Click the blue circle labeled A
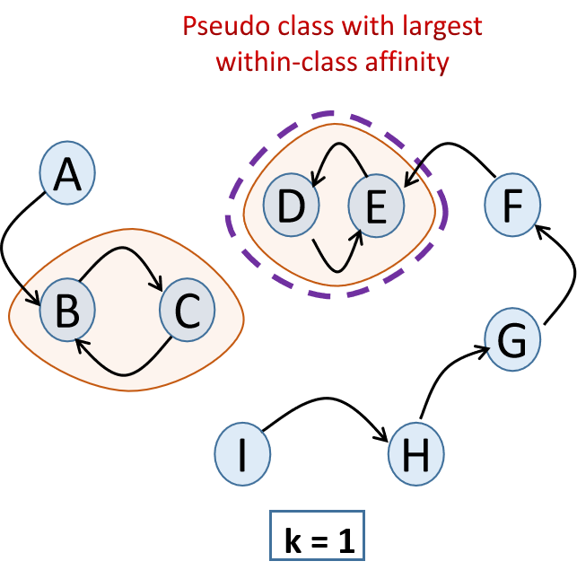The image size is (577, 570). click(67, 173)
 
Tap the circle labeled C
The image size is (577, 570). click(187, 311)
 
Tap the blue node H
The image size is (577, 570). click(416, 454)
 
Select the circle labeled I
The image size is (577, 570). click(242, 454)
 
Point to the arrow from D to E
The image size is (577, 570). click(333, 266)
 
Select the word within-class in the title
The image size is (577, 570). click(276, 64)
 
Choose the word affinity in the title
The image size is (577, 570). click(407, 64)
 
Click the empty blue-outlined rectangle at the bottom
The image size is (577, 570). click(318, 535)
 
